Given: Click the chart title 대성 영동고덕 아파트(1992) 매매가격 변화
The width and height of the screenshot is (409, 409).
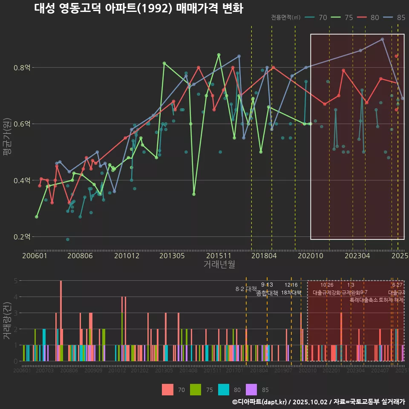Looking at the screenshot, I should pyautogui.click(x=138, y=9).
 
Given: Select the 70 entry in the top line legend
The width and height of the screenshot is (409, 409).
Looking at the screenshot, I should pyautogui.click(x=317, y=17).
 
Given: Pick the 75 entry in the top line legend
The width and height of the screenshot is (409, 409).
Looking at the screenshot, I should pyautogui.click(x=343, y=17).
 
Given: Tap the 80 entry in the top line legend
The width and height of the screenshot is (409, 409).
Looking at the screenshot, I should pyautogui.click(x=369, y=17).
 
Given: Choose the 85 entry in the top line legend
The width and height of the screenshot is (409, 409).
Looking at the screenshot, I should pyautogui.click(x=395, y=17).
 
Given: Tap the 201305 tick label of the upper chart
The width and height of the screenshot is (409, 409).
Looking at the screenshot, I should pyautogui.click(x=172, y=256).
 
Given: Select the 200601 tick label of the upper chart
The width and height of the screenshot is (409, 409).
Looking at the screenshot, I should pyautogui.click(x=35, y=256).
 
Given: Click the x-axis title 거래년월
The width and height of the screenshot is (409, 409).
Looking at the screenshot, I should pyautogui.click(x=219, y=265).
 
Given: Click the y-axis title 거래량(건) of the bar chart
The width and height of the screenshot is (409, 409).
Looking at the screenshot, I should pyautogui.click(x=7, y=321).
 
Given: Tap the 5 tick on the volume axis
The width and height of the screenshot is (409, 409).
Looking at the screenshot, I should pyautogui.click(x=15, y=281).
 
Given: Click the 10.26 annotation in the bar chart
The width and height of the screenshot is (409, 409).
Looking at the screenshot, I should pyautogui.click(x=327, y=285).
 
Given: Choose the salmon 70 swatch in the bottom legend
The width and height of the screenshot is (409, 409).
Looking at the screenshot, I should pyautogui.click(x=168, y=389).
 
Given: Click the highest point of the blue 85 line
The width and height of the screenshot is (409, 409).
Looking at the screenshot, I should pyautogui.click(x=382, y=39).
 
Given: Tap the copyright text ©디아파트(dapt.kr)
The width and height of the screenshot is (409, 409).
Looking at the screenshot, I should pyautogui.click(x=259, y=402).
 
